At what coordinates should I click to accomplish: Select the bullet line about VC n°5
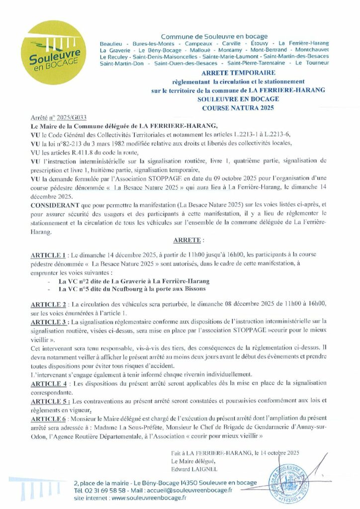pyautogui.click(x=132, y=289)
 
